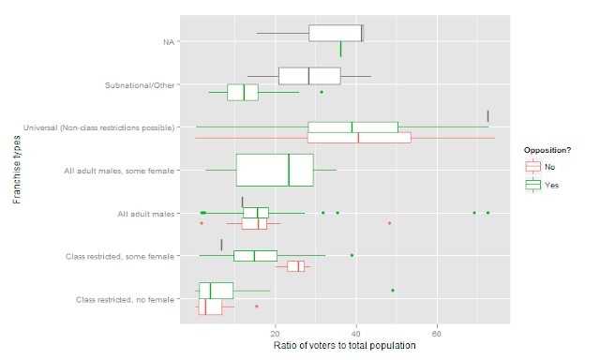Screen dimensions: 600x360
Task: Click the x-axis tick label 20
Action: click(275, 334)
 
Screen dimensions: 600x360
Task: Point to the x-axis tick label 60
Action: click(437, 334)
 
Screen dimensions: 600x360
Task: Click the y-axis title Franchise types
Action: click(17, 170)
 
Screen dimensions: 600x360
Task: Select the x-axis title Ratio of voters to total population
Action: click(344, 345)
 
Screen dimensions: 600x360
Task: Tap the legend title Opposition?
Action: click(547, 150)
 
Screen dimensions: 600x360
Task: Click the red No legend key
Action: click(533, 167)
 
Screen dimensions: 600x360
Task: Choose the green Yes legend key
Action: click(533, 186)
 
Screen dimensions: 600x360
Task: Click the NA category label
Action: click(169, 41)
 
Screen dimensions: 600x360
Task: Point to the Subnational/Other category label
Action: click(140, 85)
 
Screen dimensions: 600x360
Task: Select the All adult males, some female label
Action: click(119, 171)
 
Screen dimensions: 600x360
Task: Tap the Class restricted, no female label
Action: click(125, 300)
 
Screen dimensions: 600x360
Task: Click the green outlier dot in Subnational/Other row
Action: click(322, 92)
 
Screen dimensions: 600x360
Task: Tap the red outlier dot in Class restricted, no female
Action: click(257, 307)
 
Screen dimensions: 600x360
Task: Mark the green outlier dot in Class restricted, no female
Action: click(393, 291)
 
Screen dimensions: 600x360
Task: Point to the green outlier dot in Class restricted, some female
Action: click(352, 255)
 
